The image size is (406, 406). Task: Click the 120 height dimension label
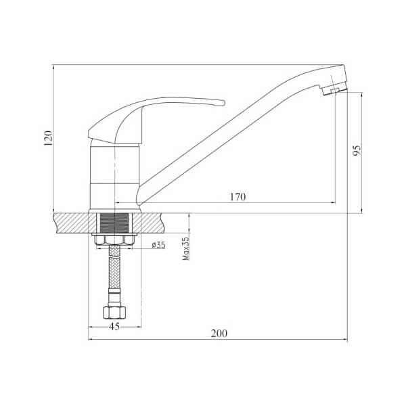[48, 138]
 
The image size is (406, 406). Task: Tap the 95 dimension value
[357, 150]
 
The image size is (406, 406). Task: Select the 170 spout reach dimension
[238, 197]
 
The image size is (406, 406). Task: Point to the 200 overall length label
[219, 333]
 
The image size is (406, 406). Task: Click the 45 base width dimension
[114, 327]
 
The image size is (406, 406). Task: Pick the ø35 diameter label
[158, 245]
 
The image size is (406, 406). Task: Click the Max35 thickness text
[186, 248]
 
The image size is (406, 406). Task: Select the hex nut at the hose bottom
[114, 312]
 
